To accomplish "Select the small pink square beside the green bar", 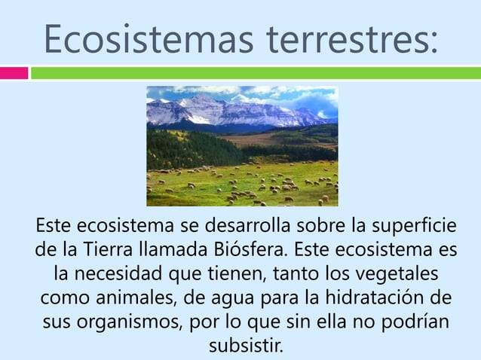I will [14, 73].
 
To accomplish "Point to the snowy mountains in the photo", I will [226, 111].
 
